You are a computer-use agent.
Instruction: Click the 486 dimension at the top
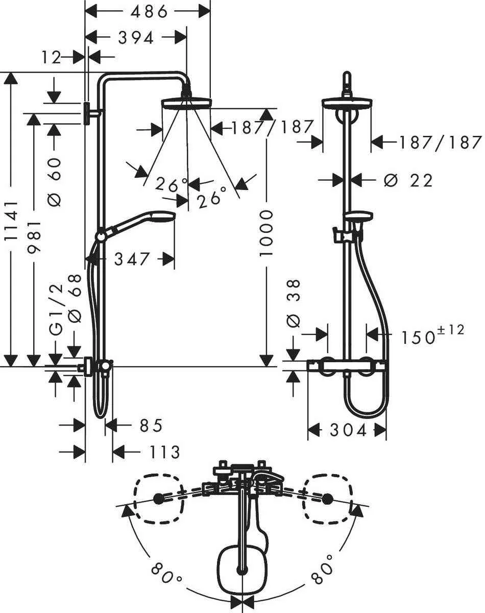tap(149, 11)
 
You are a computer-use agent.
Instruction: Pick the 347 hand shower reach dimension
tap(132, 259)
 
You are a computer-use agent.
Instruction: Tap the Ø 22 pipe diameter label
tap(407, 180)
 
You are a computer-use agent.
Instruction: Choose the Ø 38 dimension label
tap(295, 302)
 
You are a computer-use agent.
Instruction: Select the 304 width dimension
tap(348, 430)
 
